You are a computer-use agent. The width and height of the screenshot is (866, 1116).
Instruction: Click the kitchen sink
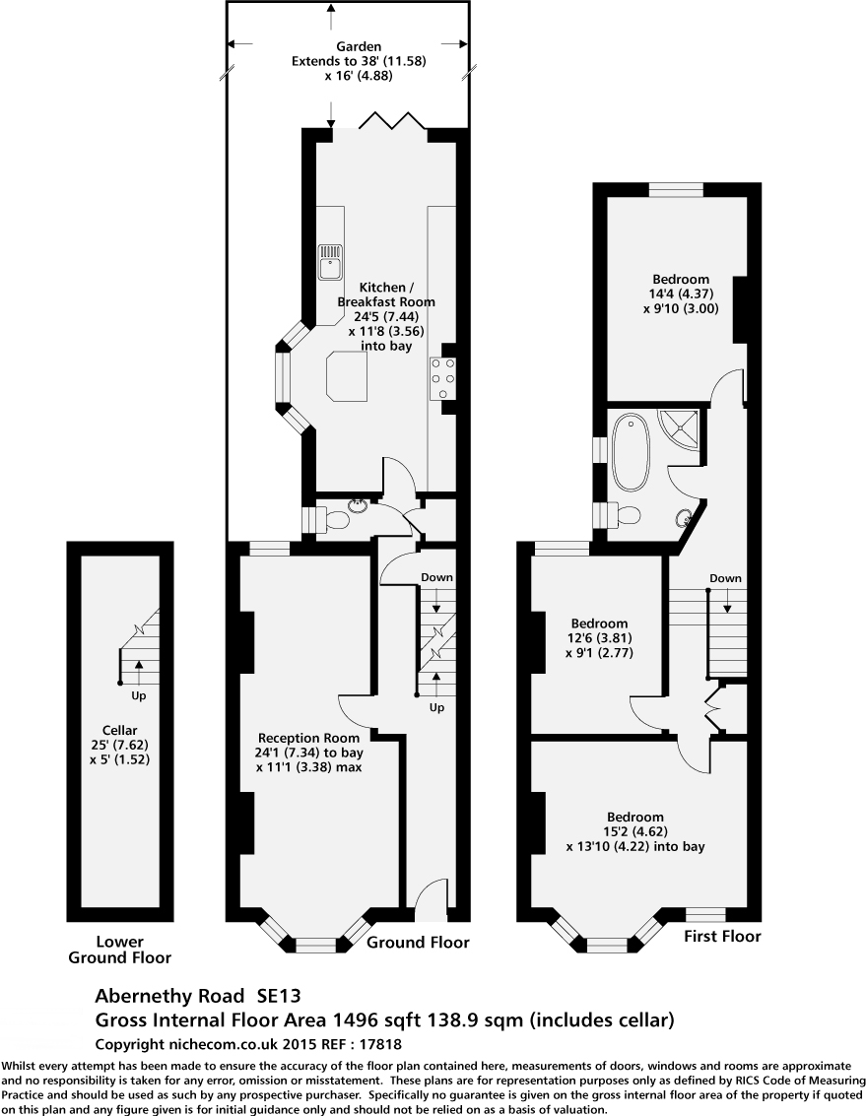[330, 262]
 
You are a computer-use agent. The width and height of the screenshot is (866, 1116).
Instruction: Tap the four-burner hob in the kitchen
[442, 378]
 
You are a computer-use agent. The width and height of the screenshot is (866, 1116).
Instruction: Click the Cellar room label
[119, 746]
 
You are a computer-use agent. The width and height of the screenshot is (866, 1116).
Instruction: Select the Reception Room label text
[309, 753]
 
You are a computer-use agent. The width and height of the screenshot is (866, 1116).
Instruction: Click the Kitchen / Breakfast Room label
[386, 316]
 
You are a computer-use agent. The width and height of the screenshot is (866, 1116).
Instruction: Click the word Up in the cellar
[138, 695]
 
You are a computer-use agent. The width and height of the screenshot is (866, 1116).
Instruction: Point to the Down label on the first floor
[725, 578]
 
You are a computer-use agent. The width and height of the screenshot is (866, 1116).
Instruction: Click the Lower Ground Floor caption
[119, 950]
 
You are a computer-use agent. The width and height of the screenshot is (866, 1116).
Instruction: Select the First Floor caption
[722, 936]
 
